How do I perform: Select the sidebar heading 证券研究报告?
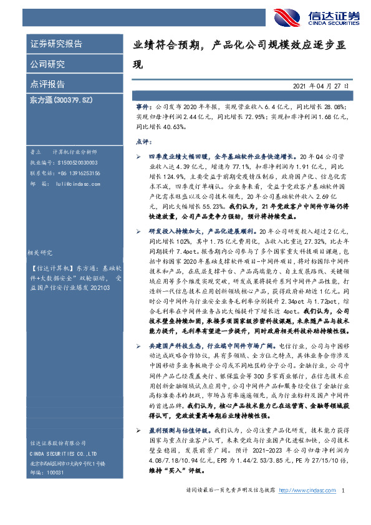pos(57,44)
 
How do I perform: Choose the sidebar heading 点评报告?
pos(47,84)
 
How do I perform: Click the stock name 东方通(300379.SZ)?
pos(60,100)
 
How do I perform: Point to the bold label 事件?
pos(144,107)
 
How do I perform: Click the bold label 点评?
pos(144,142)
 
